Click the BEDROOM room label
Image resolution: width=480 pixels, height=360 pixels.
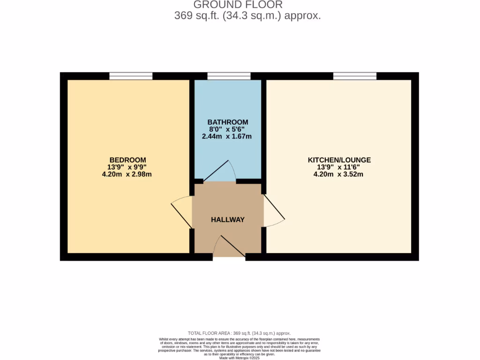[128, 159]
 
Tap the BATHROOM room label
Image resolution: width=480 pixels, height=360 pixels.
[228, 122]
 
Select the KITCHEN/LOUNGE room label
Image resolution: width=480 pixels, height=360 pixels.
[339, 160]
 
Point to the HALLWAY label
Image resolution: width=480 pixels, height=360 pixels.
[228, 219]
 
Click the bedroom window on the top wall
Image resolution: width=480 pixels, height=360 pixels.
[131, 76]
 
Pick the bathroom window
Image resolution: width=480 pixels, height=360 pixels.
[229, 76]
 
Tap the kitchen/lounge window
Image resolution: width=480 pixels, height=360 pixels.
[355, 76]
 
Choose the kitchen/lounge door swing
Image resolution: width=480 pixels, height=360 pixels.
[274, 211]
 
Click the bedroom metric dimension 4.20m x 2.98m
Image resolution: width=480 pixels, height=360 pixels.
[128, 174]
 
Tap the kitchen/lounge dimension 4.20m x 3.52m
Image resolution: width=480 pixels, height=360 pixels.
[338, 174]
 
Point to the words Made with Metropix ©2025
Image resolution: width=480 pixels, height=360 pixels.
[240, 358]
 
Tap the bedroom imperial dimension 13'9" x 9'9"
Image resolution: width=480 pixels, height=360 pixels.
[127, 167]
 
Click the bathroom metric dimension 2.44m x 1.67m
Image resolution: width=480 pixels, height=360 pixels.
[227, 137]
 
